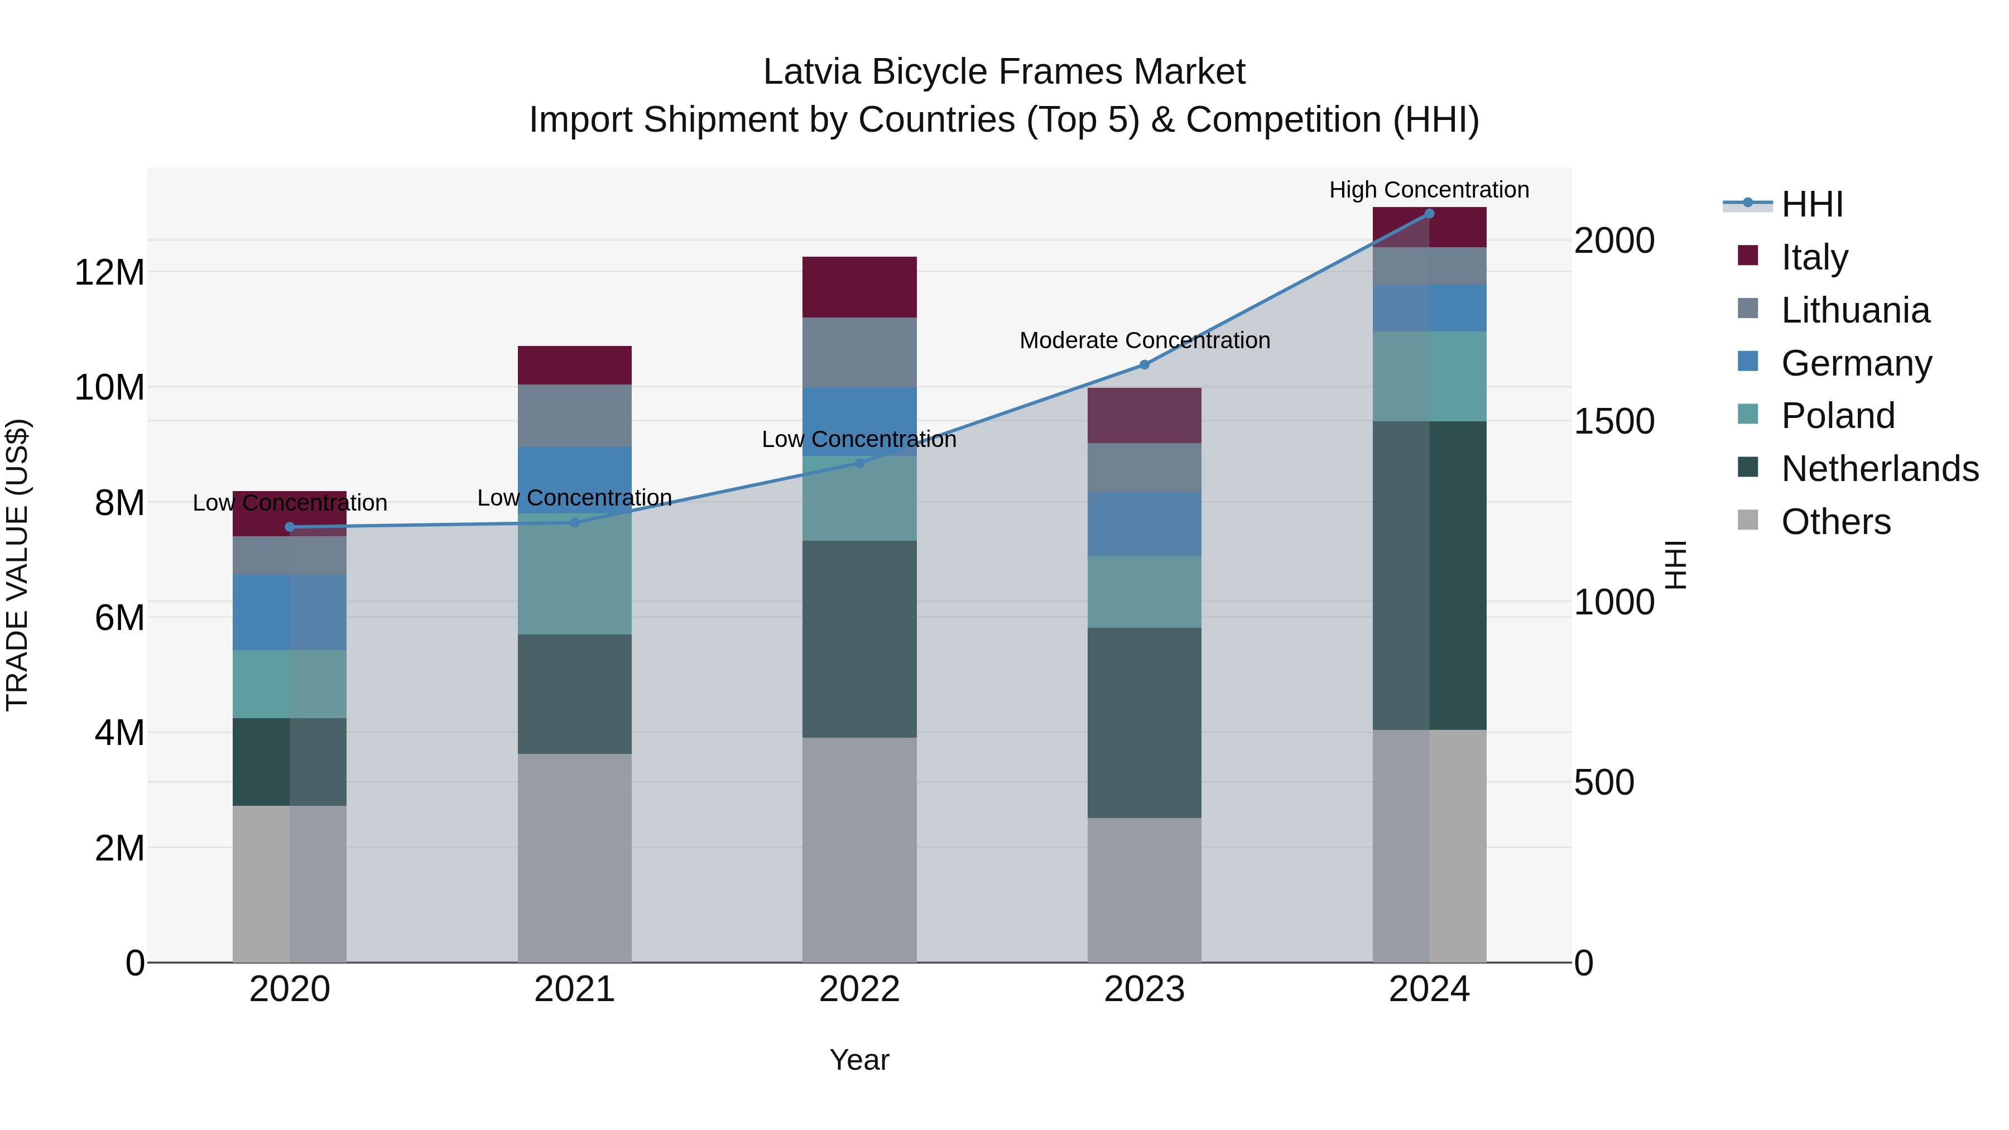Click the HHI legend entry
[1811, 204]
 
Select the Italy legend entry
[1814, 257]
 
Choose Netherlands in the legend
[1880, 469]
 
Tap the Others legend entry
[1836, 522]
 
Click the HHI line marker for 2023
[1144, 365]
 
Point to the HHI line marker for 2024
[1429, 214]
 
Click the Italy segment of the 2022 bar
[859, 287]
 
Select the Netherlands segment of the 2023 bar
[1144, 723]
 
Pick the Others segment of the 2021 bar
[575, 858]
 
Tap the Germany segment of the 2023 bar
[1144, 524]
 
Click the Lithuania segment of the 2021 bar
[575, 416]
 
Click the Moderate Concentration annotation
[1144, 341]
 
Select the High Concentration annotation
[1429, 190]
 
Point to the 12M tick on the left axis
[109, 273]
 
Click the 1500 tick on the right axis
[1613, 422]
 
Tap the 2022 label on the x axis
[859, 989]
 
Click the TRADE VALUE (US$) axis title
[17, 565]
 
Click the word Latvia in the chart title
[812, 72]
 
